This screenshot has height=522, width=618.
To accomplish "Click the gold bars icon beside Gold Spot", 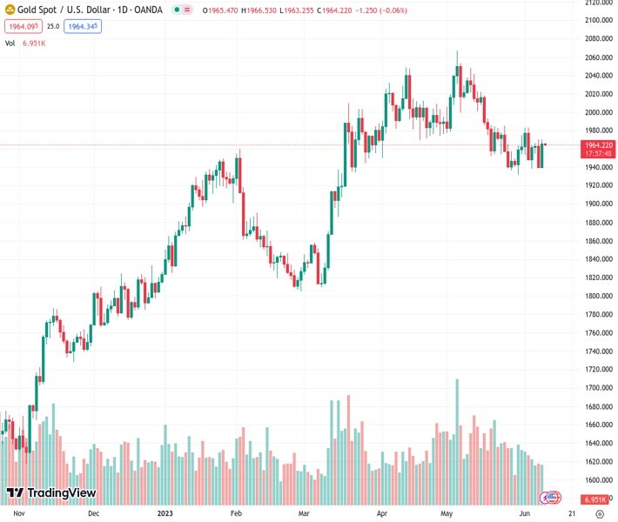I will click(10, 10).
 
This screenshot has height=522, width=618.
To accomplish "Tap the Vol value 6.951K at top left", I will click(34, 43).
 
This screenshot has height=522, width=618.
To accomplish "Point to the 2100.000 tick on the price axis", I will click(596, 21).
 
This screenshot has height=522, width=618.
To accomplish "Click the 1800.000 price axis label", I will click(596, 296).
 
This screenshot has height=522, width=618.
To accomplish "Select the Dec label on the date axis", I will click(93, 513).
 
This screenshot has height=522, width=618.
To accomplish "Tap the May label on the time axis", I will click(447, 513).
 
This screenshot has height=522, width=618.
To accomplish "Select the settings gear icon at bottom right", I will click(600, 513).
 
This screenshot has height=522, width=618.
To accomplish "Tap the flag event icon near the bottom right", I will click(550, 498).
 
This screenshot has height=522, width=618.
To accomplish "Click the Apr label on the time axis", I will click(380, 513).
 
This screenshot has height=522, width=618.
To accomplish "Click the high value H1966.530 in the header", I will click(259, 10).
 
